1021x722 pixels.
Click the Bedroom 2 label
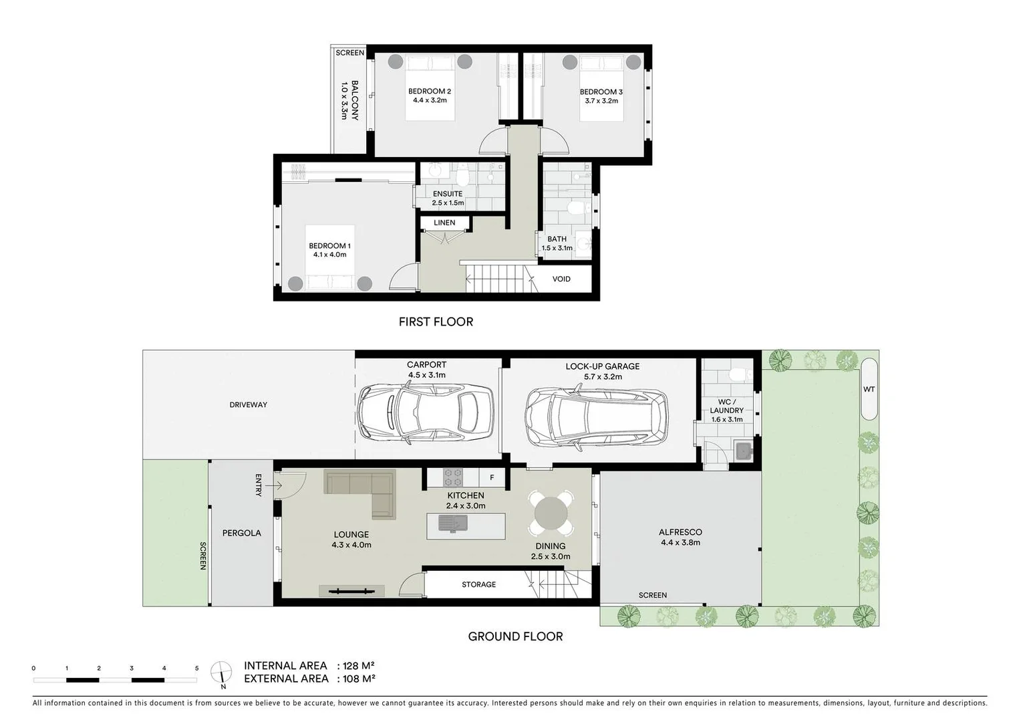point(430,92)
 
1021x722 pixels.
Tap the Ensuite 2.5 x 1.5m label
point(448,198)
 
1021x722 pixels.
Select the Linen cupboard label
point(444,223)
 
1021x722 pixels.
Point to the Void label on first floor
point(561,279)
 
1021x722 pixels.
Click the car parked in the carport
point(426,414)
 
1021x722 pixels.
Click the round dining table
point(551,513)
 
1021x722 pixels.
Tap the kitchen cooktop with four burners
point(453,477)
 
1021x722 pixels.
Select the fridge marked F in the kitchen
point(492,477)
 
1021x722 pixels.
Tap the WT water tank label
point(869,389)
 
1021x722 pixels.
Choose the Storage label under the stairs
point(478,584)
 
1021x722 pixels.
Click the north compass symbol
point(221,672)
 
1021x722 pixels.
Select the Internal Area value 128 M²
point(357,666)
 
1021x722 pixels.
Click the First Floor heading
point(436,322)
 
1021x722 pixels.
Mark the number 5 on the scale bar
point(196,668)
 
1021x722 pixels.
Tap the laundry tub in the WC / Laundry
point(743,451)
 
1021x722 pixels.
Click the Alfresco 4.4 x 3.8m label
point(680,537)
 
